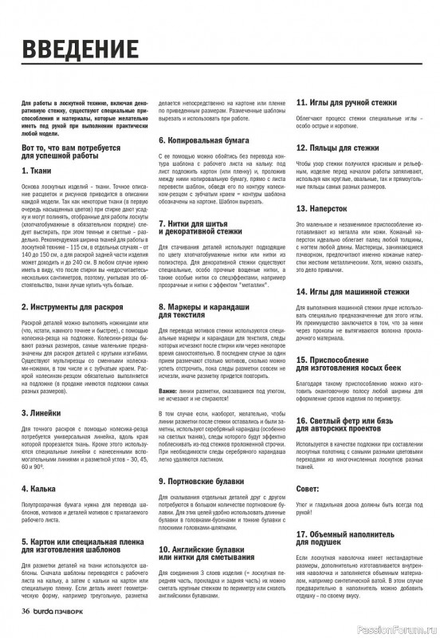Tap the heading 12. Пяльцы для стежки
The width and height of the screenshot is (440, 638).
pos(338,148)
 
